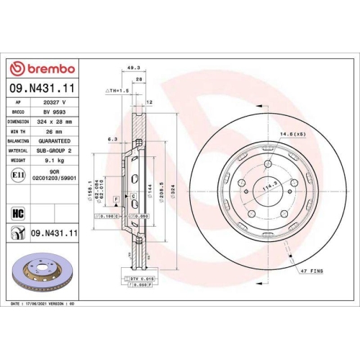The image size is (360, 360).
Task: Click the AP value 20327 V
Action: click(x=55, y=103)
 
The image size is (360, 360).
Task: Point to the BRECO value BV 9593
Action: click(x=54, y=112)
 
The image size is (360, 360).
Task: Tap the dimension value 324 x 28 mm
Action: click(x=55, y=122)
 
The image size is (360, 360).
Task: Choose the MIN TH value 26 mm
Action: click(x=55, y=132)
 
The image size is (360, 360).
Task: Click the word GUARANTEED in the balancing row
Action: click(x=55, y=142)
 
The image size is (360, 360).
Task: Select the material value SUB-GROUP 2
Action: click(x=55, y=151)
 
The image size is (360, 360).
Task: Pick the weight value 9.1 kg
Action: click(x=55, y=161)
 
